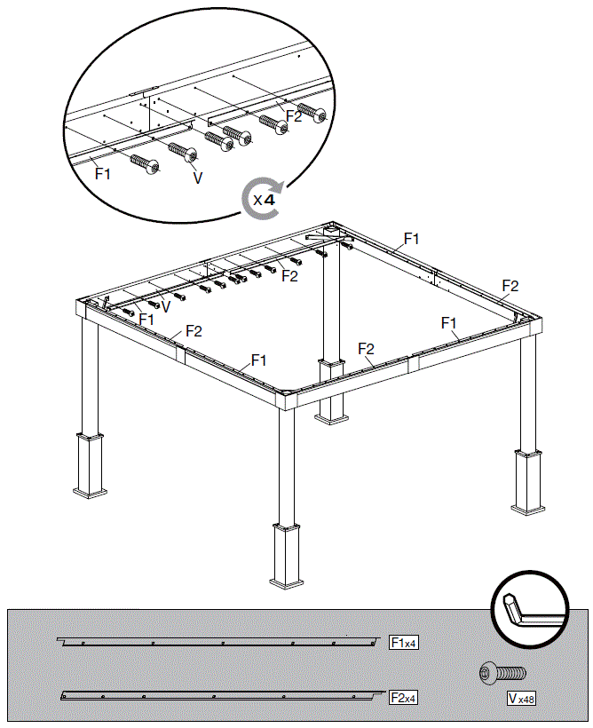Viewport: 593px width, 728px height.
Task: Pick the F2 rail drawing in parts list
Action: click(222, 696)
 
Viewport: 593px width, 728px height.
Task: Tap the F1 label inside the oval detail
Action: click(104, 174)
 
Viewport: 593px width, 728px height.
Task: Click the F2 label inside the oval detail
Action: click(294, 116)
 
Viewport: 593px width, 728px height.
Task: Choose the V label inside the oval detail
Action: click(197, 178)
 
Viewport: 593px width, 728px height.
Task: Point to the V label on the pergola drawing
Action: click(165, 306)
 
